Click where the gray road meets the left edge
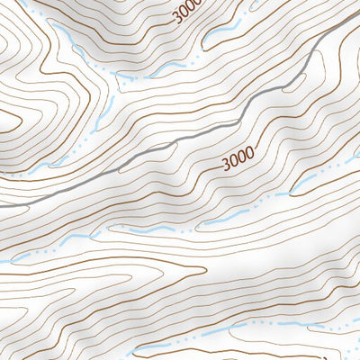click(x=2, y=206)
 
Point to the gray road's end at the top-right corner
click(x=357, y=16)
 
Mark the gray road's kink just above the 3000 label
click(x=241, y=117)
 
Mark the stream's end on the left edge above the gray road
click(x=2, y=176)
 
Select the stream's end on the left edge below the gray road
click(x=2, y=262)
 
